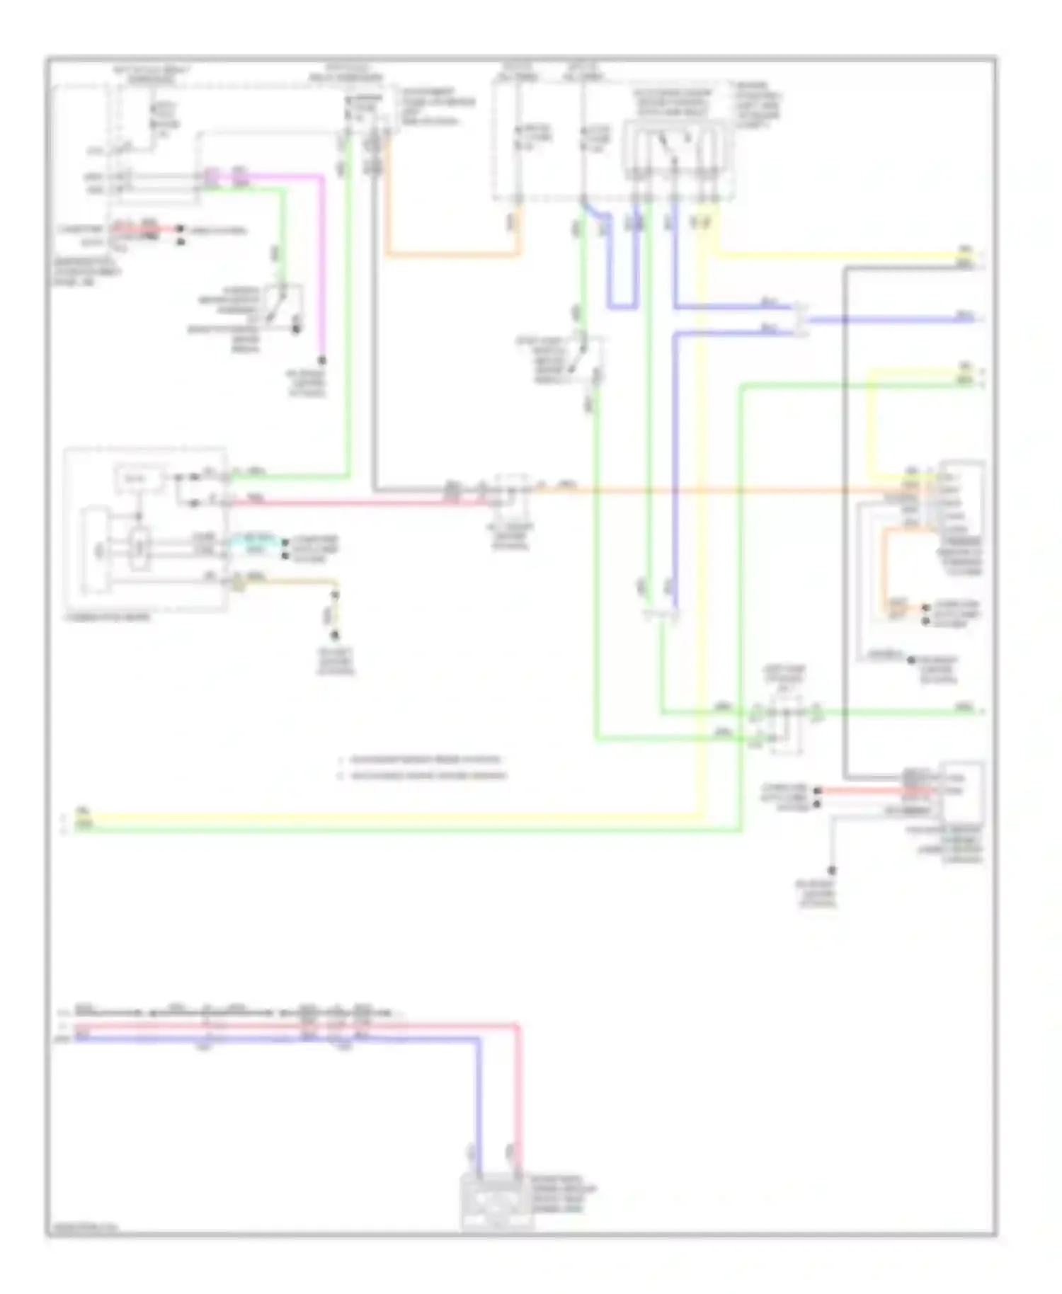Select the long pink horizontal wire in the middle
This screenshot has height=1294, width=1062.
coord(354,503)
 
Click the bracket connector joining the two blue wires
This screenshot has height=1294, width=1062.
coord(801,320)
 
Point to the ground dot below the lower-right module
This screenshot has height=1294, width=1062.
coord(833,870)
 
